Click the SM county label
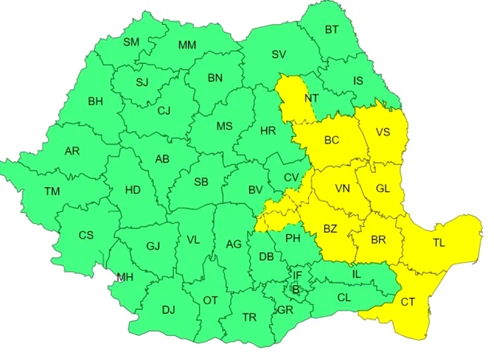tap(131, 42)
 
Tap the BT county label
tap(331, 30)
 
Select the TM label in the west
tap(52, 191)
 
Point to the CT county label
tap(408, 302)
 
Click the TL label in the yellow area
tap(439, 244)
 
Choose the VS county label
tap(382, 132)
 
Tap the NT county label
tap(311, 99)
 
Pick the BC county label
tap(332, 140)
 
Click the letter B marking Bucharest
tap(296, 289)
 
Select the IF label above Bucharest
tap(298, 275)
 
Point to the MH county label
tap(125, 277)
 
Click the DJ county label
tap(168, 310)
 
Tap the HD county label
tap(133, 190)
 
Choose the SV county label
tap(279, 54)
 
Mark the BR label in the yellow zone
tap(378, 240)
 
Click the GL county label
tap(382, 188)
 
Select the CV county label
tap(291, 178)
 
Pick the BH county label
tap(95, 102)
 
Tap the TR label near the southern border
tap(249, 318)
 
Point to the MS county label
tap(224, 126)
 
